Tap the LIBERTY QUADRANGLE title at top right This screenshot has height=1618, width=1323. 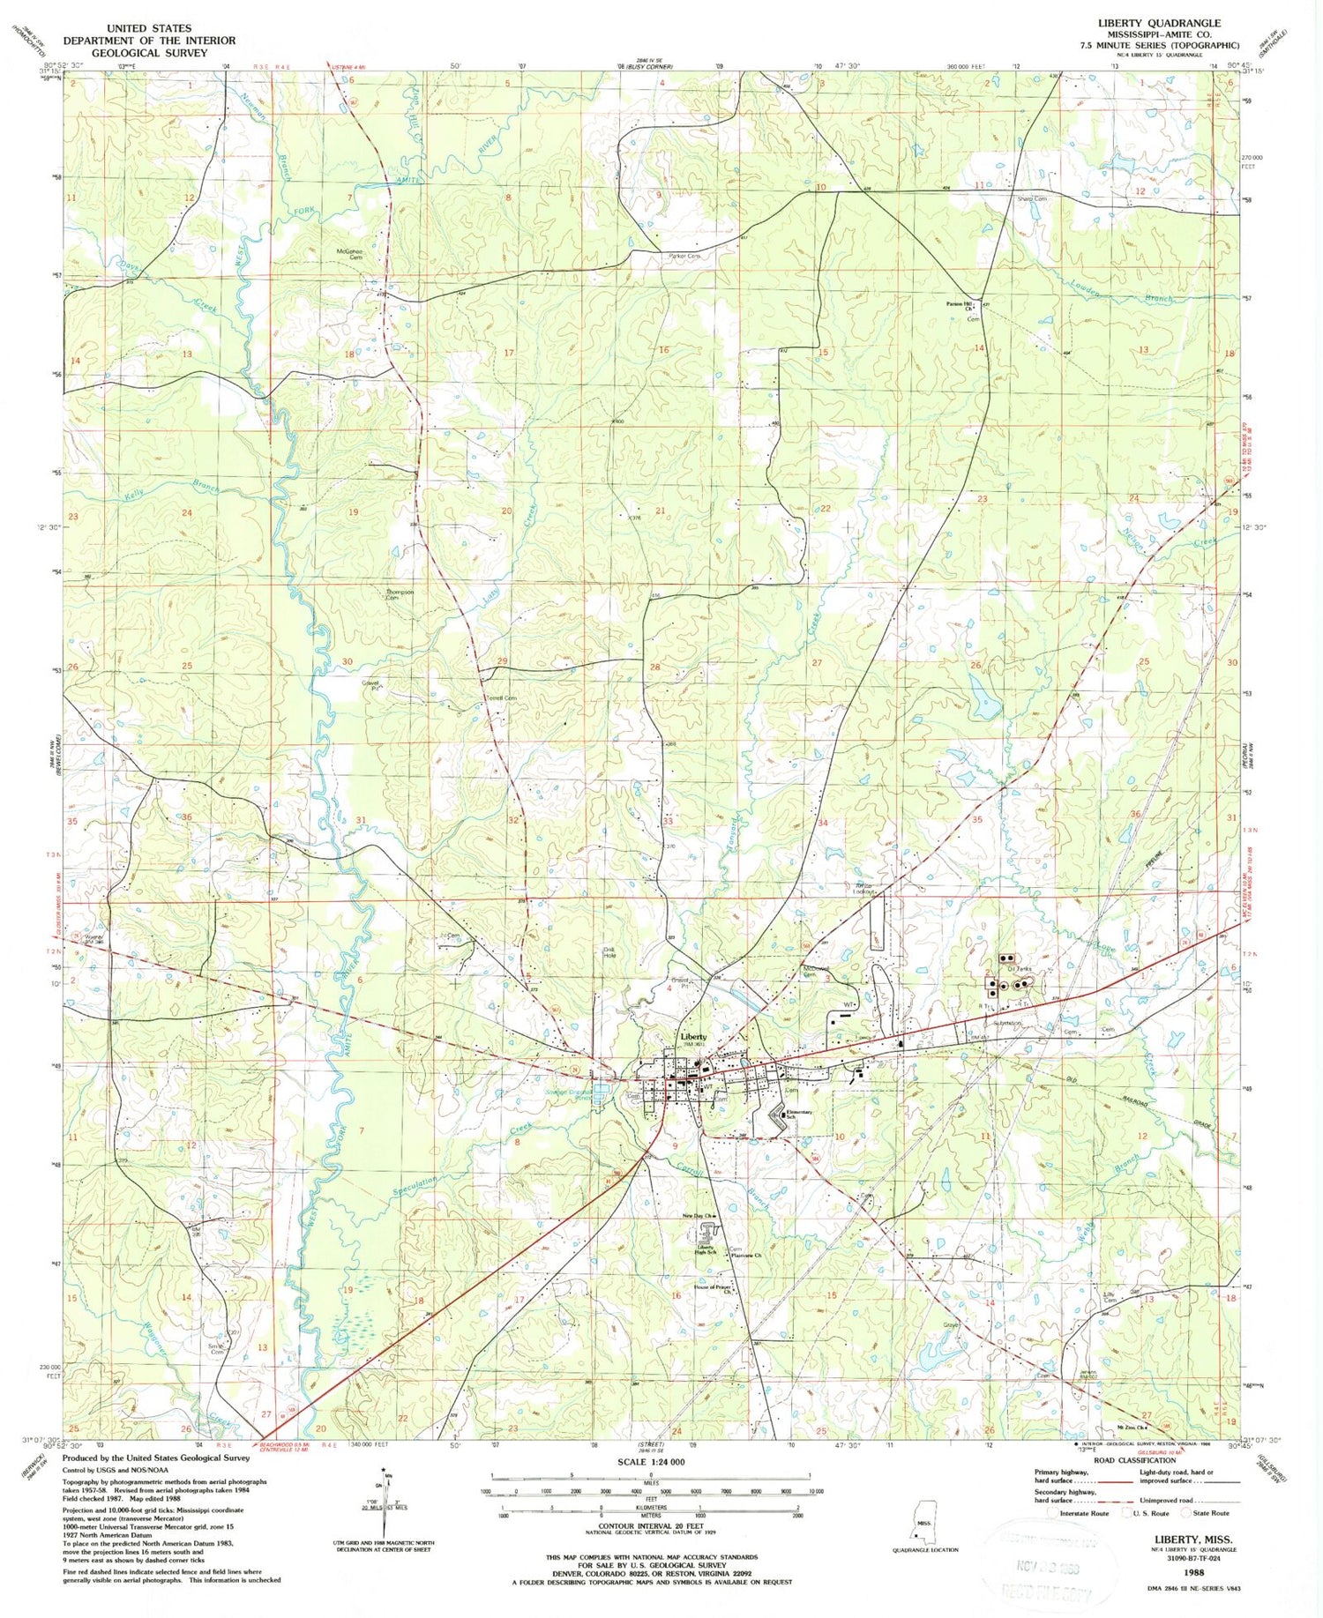(1159, 23)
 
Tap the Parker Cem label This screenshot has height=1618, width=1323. (684, 256)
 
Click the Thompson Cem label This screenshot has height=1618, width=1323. (400, 594)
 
